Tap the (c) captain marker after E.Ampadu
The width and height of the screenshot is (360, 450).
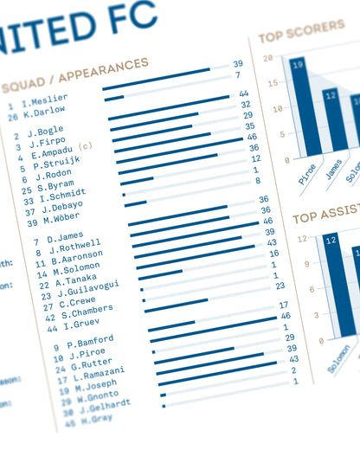click(85, 146)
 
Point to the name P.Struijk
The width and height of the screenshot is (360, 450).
click(56, 163)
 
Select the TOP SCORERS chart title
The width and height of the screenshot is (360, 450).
click(301, 31)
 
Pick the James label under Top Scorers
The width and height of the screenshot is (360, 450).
click(333, 170)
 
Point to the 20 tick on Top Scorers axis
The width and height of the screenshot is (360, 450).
click(268, 58)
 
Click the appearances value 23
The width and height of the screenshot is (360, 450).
click(280, 286)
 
